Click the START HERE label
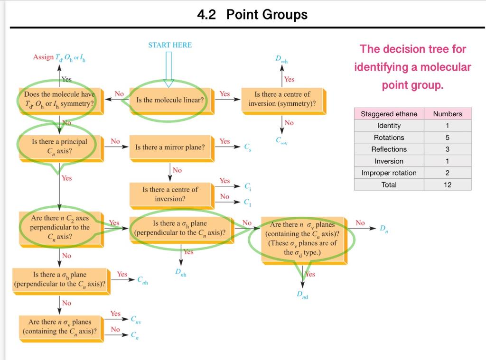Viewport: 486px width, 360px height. [x=170, y=45]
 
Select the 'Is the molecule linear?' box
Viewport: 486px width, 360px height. [x=169, y=100]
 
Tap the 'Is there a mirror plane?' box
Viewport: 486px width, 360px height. [x=170, y=147]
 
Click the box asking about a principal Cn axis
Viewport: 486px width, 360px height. [x=59, y=146]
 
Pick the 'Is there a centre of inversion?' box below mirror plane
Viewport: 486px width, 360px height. [x=170, y=194]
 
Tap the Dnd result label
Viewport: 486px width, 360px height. [x=303, y=295]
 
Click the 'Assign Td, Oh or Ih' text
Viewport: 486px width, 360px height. [x=59, y=57]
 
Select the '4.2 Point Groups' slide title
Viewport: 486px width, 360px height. [x=252, y=15]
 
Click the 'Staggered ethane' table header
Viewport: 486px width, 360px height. [x=389, y=114]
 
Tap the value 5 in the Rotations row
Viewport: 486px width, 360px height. [x=447, y=138]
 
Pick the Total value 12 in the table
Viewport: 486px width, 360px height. [x=447, y=185]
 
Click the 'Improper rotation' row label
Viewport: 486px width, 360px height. [x=389, y=173]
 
